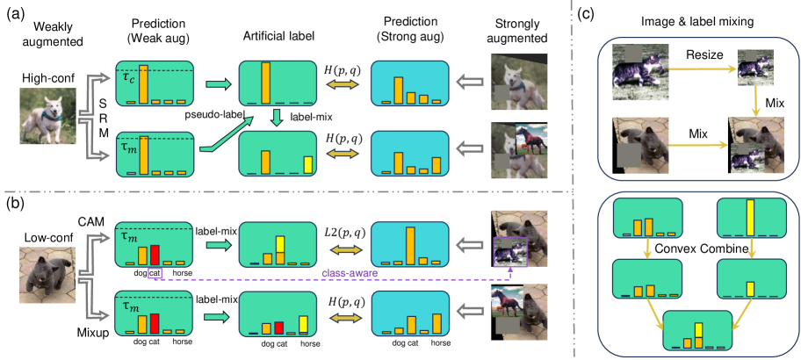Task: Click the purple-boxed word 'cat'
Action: pos(155,273)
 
